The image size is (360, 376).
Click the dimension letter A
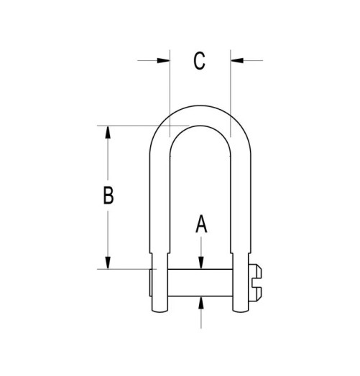tap(202, 225)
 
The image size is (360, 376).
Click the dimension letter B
tap(108, 195)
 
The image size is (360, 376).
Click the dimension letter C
tap(200, 61)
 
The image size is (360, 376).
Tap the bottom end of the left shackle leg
tap(162, 311)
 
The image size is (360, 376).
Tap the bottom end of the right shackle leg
tap(239, 311)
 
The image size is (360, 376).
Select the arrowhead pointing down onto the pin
tap(202, 263)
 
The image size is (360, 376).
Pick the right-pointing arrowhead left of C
tap(163, 61)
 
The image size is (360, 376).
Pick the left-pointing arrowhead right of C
tap(237, 61)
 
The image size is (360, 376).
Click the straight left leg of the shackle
tap(161, 201)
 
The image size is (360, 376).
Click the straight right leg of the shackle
tap(240, 201)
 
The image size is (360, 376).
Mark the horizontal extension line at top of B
tap(137, 127)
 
